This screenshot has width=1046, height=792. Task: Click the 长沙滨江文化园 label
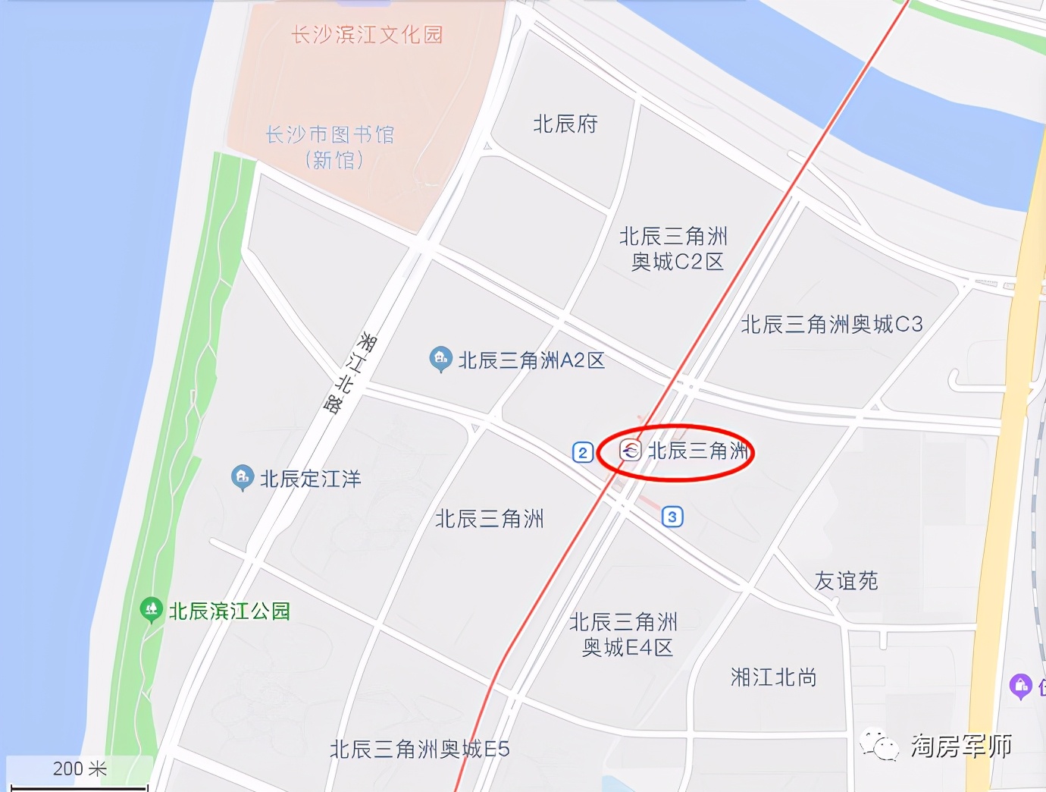click(367, 35)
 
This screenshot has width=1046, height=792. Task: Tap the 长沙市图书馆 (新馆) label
click(330, 147)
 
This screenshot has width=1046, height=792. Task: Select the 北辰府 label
click(565, 124)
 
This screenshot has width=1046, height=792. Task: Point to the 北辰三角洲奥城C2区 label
click(674, 249)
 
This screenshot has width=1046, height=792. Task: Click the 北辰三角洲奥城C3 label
click(831, 325)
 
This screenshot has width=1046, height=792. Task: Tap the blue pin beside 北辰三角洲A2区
click(440, 359)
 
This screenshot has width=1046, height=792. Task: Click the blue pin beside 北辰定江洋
click(242, 477)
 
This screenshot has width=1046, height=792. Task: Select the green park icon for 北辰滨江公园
click(152, 609)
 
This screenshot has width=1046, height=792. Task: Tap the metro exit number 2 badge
click(582, 453)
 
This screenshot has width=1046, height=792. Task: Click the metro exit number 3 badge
click(672, 517)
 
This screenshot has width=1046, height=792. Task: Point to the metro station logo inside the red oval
click(631, 451)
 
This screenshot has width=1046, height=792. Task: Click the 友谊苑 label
click(846, 581)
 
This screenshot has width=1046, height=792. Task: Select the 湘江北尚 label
click(773, 677)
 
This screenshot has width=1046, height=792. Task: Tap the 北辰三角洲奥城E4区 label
click(625, 635)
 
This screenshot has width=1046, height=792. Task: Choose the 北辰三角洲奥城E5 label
click(420, 750)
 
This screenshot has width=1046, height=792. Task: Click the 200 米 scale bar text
click(80, 769)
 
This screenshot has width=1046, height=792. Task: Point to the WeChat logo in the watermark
click(879, 746)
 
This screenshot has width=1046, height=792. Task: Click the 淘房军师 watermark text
click(961, 746)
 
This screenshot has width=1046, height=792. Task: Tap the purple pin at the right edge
click(1021, 686)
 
